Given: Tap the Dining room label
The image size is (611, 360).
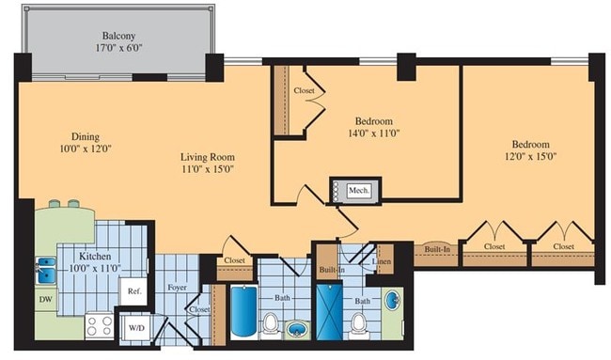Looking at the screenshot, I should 80,135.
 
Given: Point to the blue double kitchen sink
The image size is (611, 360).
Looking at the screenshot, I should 45,270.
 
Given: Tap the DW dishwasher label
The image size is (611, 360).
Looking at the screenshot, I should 46,300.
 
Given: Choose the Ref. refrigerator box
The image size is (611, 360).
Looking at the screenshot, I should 133,291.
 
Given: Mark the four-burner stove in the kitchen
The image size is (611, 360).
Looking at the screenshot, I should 100,326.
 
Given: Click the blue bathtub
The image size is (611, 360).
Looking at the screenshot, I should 242,313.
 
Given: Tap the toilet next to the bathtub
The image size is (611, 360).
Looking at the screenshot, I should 270,324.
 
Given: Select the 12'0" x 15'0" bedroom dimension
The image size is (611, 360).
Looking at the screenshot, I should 524,157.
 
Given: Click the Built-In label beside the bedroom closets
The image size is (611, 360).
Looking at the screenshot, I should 437,249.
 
